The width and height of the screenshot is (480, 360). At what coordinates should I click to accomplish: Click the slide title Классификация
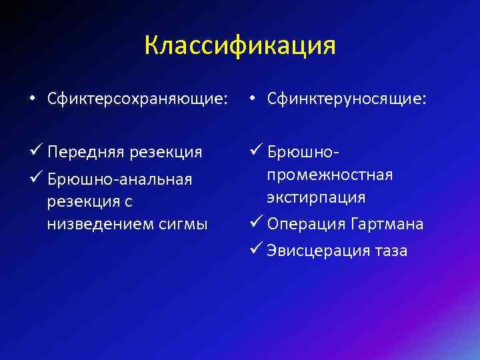[240, 47]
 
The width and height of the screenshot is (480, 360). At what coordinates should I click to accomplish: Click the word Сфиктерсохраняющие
[137, 100]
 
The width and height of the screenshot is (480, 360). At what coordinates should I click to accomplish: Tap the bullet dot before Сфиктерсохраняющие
[32, 100]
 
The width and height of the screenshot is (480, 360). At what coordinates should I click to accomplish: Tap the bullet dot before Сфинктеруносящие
[252, 100]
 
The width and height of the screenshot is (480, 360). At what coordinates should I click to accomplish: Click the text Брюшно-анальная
[119, 179]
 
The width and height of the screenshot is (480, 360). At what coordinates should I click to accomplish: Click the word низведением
[95, 224]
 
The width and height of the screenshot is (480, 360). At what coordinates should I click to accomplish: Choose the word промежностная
[329, 175]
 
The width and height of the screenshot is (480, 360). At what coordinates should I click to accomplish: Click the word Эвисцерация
[313, 251]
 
